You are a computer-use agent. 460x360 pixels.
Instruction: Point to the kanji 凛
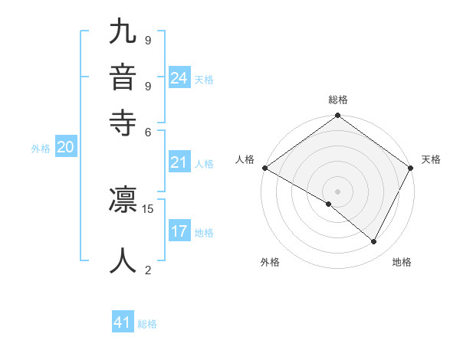[x=123, y=201]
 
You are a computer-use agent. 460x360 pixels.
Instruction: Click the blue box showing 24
[x=179, y=78]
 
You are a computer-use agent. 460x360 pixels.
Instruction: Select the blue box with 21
[x=179, y=162]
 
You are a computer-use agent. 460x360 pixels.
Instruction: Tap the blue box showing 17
[x=179, y=231]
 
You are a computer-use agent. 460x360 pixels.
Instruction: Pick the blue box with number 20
[x=65, y=148]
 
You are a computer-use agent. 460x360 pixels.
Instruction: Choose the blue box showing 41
[x=123, y=322]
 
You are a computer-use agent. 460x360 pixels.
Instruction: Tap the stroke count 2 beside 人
[x=148, y=269]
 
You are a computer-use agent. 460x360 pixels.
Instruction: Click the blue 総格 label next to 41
[x=147, y=324]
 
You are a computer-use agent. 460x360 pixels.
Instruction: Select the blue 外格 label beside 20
[x=41, y=149]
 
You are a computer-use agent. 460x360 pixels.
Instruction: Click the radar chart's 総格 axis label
[x=338, y=100]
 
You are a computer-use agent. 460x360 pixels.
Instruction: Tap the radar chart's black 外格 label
[x=270, y=263]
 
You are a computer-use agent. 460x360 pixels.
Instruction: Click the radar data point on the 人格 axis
[x=264, y=168]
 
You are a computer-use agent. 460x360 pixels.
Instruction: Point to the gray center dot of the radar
[x=338, y=191]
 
